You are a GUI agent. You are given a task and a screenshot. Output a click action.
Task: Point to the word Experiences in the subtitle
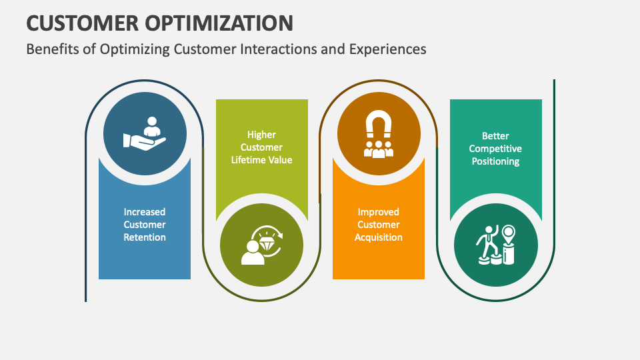388,49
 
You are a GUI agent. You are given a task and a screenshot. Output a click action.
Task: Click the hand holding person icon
145,134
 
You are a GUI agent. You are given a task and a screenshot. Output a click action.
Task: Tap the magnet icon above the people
379,125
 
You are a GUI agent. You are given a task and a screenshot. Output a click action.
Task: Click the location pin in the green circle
509,235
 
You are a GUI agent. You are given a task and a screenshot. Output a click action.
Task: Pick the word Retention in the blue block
145,237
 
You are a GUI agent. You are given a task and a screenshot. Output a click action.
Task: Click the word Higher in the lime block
261,135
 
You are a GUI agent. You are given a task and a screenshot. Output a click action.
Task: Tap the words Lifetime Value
261,160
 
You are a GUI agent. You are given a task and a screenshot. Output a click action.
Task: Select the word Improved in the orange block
379,212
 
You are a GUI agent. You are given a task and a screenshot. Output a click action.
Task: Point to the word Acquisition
379,237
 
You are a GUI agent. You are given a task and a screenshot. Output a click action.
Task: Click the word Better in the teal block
495,136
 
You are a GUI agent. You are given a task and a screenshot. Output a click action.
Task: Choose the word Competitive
495,149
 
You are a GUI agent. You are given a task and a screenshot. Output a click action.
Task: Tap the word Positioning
495,161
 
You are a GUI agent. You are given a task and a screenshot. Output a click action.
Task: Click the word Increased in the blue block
145,212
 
